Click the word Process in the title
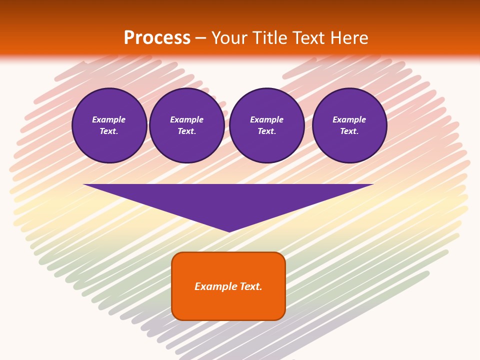pos(157,38)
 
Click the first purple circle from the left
pos(109,125)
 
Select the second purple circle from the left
pos(187,125)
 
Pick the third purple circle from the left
pos(267,125)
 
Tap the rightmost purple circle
pos(349,125)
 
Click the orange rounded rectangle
pos(228,286)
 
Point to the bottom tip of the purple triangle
pos(229,230)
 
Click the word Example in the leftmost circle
pos(109,119)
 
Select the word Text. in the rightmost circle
pos(349,131)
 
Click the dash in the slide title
pos(201,38)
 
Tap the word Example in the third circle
pos(267,119)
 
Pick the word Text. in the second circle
pos(187,131)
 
